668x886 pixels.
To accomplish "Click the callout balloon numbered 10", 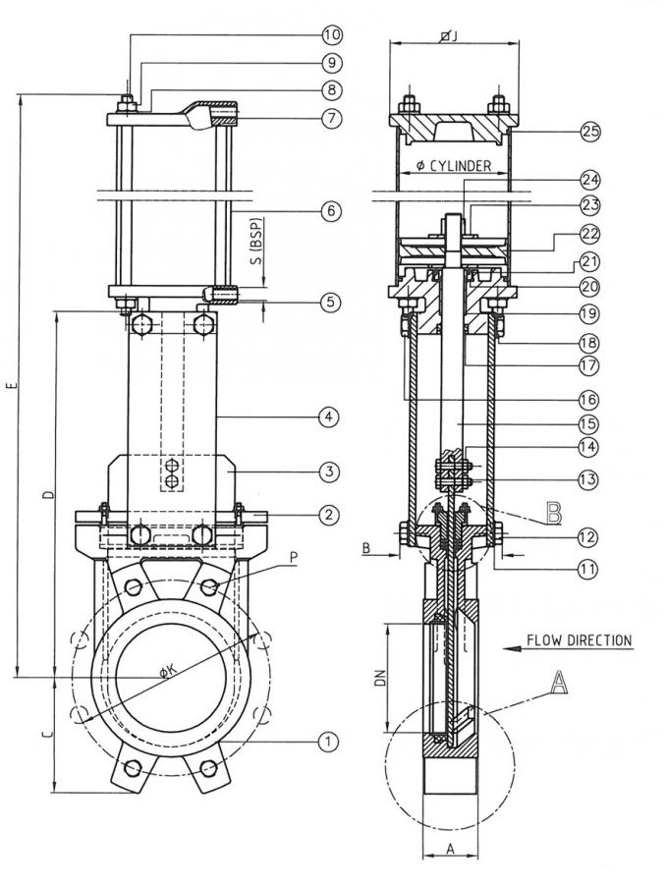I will pos(331,34).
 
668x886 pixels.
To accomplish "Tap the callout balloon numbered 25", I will pos(589,131).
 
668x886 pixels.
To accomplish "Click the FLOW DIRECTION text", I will pos(579,640).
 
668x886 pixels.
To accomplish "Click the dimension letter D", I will pos(49,493).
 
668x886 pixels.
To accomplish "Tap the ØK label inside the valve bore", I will pos(168,671).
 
